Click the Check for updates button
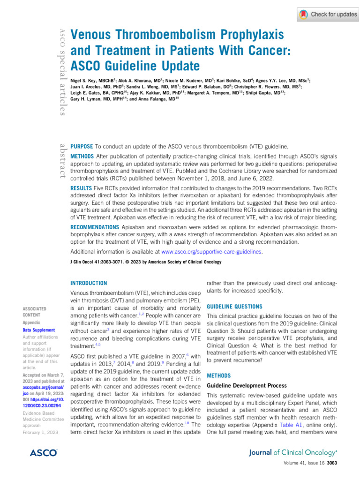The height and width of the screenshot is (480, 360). pyautogui.click(x=328, y=14)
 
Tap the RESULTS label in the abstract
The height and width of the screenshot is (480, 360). pyautogui.click(x=83, y=188)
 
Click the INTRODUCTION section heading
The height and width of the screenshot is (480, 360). pyautogui.click(x=88, y=283)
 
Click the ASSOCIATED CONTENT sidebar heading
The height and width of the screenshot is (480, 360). pyautogui.click(x=35, y=312)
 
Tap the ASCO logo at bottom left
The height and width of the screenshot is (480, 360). pyautogui.click(x=44, y=453)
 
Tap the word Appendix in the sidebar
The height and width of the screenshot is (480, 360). pyautogui.click(x=32, y=323)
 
